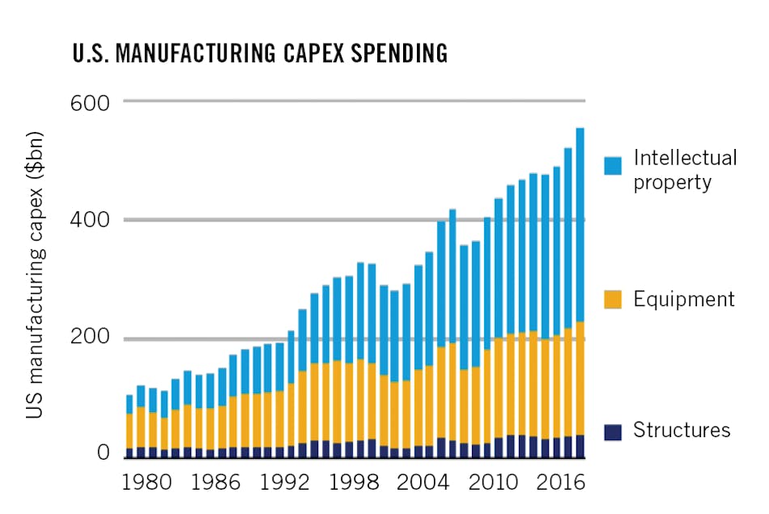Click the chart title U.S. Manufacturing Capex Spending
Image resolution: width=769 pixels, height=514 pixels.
coord(259,54)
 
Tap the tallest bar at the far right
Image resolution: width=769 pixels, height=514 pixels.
coord(580,291)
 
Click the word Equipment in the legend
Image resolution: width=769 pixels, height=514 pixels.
coord(684,299)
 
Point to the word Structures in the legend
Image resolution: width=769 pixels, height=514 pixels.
coord(682,430)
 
